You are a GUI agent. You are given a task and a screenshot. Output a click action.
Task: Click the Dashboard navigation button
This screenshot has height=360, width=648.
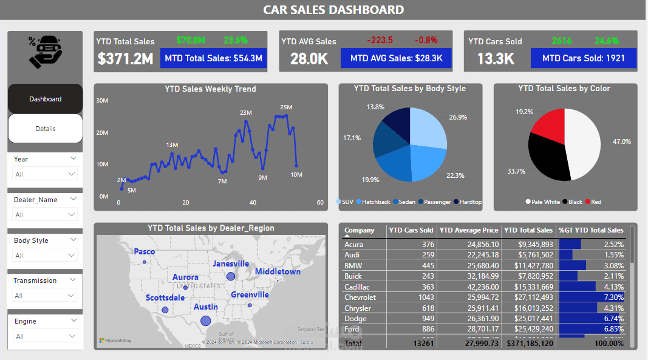coord(45,99)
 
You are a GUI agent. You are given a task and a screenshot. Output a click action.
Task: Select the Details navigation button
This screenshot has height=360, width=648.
coord(45,129)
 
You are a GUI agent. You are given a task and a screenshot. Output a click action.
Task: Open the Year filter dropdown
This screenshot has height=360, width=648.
coord(46,174)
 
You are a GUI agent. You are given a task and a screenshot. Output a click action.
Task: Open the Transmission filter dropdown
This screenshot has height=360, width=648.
coord(46,296)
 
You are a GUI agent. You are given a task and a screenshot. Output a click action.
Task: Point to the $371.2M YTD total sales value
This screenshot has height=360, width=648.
coord(126,58)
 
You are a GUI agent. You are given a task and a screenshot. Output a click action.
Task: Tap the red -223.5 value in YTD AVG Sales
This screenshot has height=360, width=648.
coord(380,40)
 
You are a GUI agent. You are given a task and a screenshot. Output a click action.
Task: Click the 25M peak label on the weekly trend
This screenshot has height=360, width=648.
coord(286,107)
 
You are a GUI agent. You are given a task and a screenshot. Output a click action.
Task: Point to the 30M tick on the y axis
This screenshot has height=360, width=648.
coord(102,101)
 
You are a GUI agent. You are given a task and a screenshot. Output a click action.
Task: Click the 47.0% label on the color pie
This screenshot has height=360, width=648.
coord(621,141)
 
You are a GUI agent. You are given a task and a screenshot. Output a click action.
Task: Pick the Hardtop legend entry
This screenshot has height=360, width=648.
coord(470,202)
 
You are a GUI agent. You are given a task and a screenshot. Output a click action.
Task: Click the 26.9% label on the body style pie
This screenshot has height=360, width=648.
coord(458,117)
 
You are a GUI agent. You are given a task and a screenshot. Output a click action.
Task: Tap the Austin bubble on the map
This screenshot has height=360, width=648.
coord(205,321)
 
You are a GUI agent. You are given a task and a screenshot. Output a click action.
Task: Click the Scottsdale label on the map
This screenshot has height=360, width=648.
coord(165,298)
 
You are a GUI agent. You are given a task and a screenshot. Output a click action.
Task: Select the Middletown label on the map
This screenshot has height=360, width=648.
coord(278,271)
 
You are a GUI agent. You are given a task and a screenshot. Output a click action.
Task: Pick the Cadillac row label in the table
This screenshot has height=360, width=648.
coord(357,287)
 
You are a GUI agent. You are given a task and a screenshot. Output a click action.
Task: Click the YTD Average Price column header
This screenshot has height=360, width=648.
coord(468,230)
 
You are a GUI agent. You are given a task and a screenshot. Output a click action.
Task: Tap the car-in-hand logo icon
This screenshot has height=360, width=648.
coord(44,52)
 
